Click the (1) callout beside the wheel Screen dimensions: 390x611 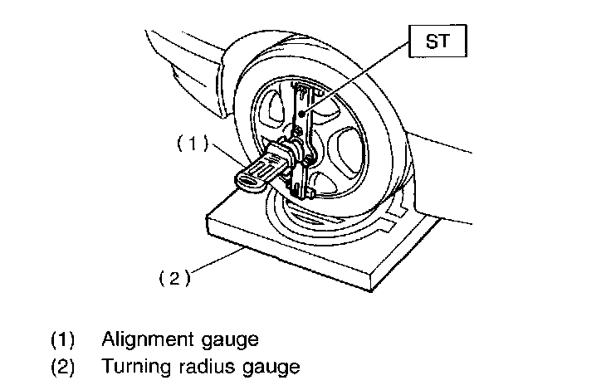pos(190,143)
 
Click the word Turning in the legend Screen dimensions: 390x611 pos(130,366)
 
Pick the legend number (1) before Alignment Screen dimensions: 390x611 pos(63,339)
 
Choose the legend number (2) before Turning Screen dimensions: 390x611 pos(63,366)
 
